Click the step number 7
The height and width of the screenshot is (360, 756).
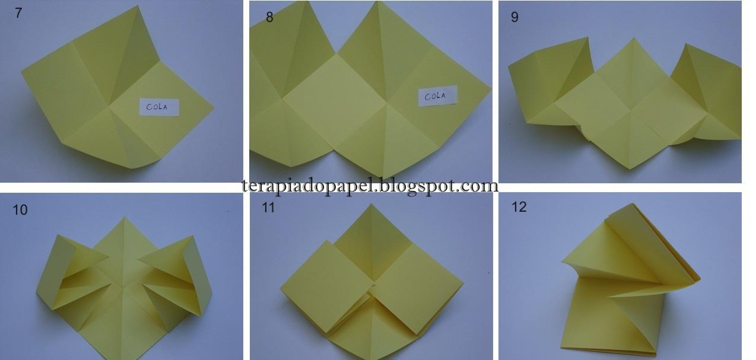pyautogui.click(x=18, y=13)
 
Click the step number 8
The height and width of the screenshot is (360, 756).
pyautogui.click(x=269, y=17)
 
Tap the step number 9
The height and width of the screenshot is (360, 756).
pyautogui.click(x=514, y=17)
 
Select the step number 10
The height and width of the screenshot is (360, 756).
pyautogui.click(x=20, y=210)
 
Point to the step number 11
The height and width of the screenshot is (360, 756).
pyautogui.click(x=268, y=208)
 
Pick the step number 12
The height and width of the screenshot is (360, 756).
pyautogui.click(x=519, y=207)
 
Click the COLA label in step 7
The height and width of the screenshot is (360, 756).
pyautogui.click(x=159, y=107)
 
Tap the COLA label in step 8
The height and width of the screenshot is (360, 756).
pyautogui.click(x=437, y=96)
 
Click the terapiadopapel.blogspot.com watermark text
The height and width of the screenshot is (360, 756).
pyautogui.click(x=370, y=186)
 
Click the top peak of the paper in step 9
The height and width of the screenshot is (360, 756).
pyautogui.click(x=634, y=38)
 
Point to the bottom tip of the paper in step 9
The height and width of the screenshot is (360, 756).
pyautogui.click(x=630, y=168)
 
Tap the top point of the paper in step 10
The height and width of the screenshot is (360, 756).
pyautogui.click(x=124, y=218)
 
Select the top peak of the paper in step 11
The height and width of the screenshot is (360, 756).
pyautogui.click(x=371, y=204)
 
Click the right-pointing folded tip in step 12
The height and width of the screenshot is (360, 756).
pyautogui.click(x=699, y=279)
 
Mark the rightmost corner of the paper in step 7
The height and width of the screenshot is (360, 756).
pyautogui.click(x=214, y=108)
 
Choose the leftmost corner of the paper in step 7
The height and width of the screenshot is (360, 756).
pyautogui.click(x=21, y=72)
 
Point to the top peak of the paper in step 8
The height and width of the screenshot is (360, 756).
pyautogui.click(x=378, y=2)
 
